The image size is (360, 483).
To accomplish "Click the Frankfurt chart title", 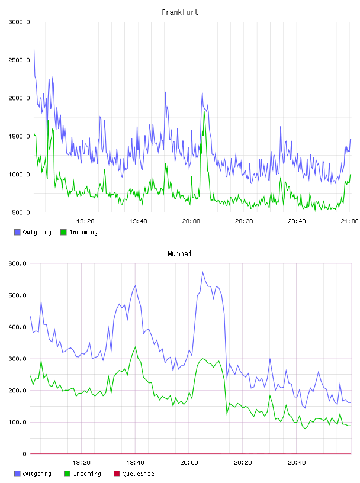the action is click(180, 12).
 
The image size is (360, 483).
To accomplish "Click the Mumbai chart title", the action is click(179, 253).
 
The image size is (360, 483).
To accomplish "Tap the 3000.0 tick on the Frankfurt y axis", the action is click(19, 22).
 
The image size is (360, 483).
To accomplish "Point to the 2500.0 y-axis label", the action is click(19, 60).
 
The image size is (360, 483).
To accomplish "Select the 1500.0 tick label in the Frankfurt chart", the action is click(19, 136).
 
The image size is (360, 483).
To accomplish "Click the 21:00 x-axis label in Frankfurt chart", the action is click(349, 221).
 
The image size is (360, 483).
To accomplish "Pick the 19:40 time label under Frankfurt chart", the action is click(138, 221).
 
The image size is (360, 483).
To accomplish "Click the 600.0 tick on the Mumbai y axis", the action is click(18, 263).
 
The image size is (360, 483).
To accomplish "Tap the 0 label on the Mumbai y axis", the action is click(24, 454).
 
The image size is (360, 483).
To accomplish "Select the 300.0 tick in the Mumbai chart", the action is click(18, 359).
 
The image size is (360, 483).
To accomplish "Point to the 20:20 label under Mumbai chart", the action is click(243, 462).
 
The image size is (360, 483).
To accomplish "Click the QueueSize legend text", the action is click(138, 474).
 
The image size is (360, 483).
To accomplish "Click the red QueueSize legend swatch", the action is click(117, 474).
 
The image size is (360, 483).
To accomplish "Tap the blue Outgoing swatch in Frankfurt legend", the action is click(17, 232).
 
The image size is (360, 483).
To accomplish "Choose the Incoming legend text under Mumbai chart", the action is click(87, 474).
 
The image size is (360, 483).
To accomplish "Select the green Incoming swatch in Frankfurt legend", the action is click(63, 232).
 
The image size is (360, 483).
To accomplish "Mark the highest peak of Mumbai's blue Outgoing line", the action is click(202, 272).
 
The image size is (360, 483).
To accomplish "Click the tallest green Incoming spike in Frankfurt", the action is click(204, 111).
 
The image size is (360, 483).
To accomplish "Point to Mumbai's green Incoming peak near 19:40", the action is click(136, 347).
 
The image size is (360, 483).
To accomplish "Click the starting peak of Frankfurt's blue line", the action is click(34, 50).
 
